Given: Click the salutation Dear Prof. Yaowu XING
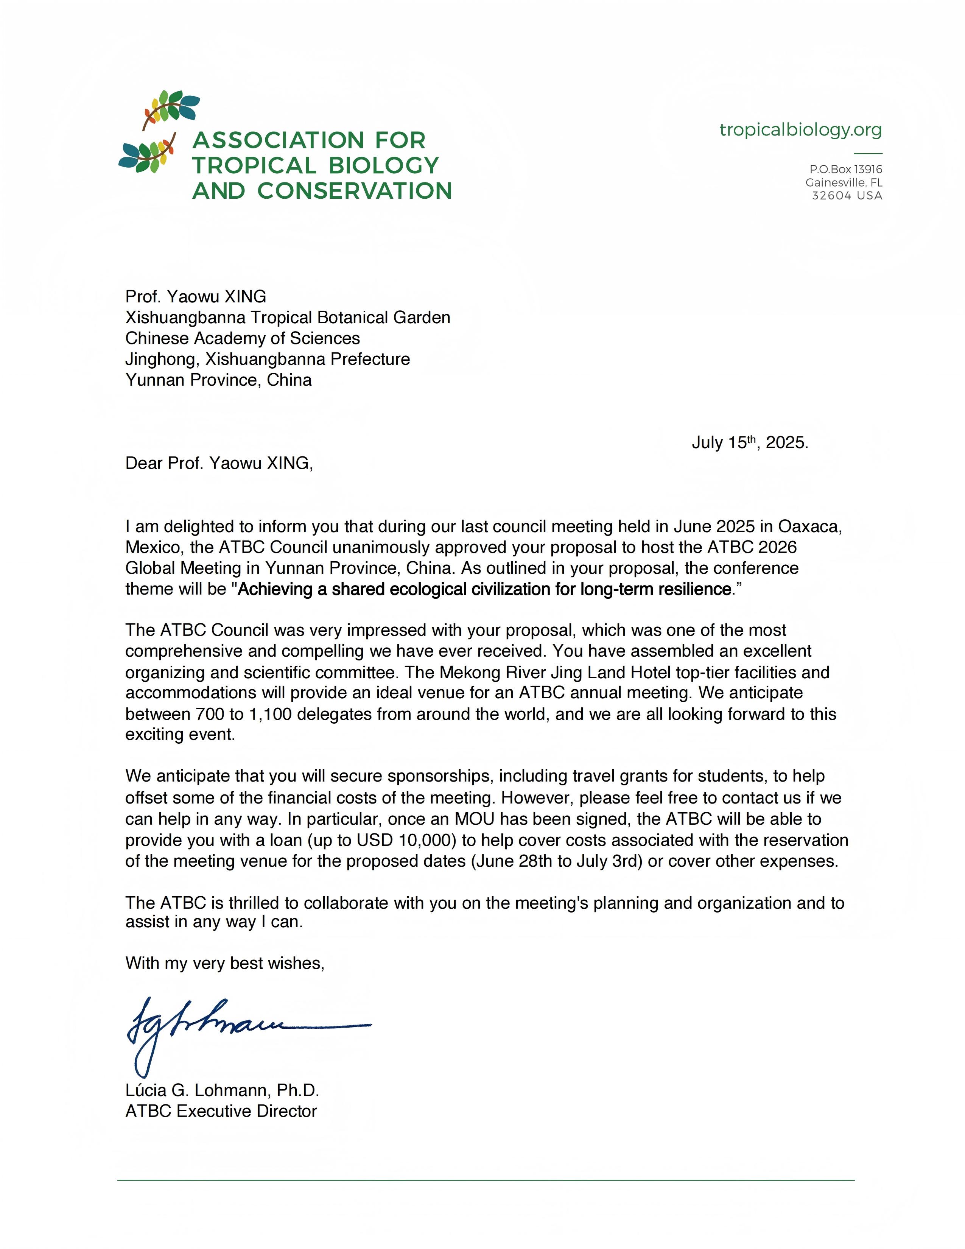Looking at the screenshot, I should pos(219,463).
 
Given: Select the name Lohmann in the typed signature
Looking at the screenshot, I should pos(233,1090).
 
